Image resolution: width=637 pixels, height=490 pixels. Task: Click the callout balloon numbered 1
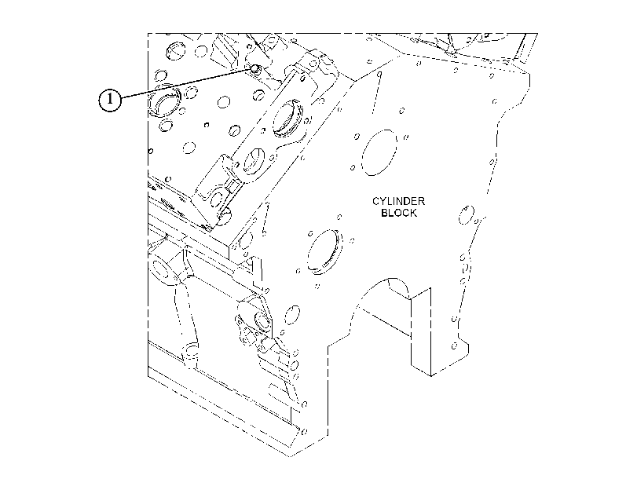(x=110, y=100)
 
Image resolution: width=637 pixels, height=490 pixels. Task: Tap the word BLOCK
(x=398, y=213)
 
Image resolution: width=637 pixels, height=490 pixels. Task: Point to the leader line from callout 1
(x=187, y=84)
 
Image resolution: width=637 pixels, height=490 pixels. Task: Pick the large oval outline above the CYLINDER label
(x=379, y=152)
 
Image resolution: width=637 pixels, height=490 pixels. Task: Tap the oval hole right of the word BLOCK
(x=466, y=215)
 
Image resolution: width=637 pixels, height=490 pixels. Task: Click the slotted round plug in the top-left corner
(x=174, y=50)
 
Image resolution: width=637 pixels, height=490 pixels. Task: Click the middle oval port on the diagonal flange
(x=254, y=161)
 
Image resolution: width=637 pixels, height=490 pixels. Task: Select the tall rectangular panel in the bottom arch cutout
(x=421, y=332)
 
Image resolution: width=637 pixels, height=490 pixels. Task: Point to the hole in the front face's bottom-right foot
(x=454, y=346)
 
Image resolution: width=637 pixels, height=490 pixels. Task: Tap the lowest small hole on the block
(x=305, y=431)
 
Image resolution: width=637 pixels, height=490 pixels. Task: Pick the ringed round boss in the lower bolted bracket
(x=262, y=320)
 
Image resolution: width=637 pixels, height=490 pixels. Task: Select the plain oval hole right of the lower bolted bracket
(x=291, y=315)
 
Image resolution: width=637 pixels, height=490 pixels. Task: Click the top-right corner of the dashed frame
(x=537, y=33)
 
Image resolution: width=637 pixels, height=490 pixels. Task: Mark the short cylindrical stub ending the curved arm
(x=191, y=354)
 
